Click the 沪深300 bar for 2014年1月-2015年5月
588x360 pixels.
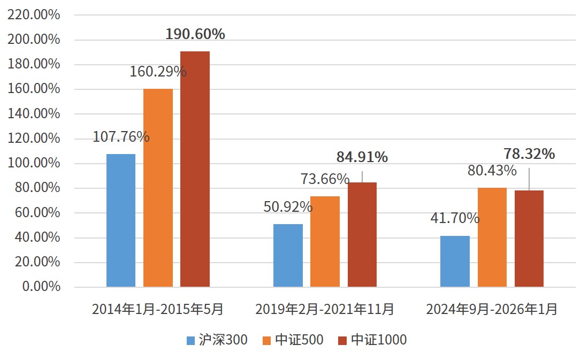(x=121, y=220)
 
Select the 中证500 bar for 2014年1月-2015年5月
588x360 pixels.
(x=158, y=188)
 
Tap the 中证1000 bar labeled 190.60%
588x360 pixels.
(x=195, y=169)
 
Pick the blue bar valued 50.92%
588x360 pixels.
(x=288, y=256)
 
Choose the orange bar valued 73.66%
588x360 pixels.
(x=325, y=242)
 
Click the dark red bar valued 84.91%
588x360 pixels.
(x=362, y=235)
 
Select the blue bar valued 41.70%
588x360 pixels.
(x=455, y=262)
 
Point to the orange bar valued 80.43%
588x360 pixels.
(x=492, y=238)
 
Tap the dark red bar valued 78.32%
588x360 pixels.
(x=529, y=239)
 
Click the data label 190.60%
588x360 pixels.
(x=195, y=34)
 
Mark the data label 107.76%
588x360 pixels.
(x=121, y=136)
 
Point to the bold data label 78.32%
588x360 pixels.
(x=529, y=154)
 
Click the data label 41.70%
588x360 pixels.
(x=455, y=218)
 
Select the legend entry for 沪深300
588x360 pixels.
(x=217, y=340)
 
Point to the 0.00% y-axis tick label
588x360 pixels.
(x=41, y=287)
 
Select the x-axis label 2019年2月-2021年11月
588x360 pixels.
(x=325, y=309)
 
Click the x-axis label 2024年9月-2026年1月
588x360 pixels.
(x=492, y=309)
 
